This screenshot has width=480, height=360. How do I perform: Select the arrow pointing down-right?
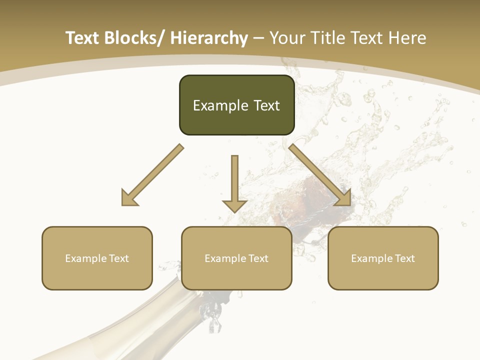[x=320, y=175]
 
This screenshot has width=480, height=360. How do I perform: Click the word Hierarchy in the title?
[x=208, y=38]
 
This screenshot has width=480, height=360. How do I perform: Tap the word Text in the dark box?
[x=266, y=105]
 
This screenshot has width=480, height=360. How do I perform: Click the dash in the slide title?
[x=258, y=38]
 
